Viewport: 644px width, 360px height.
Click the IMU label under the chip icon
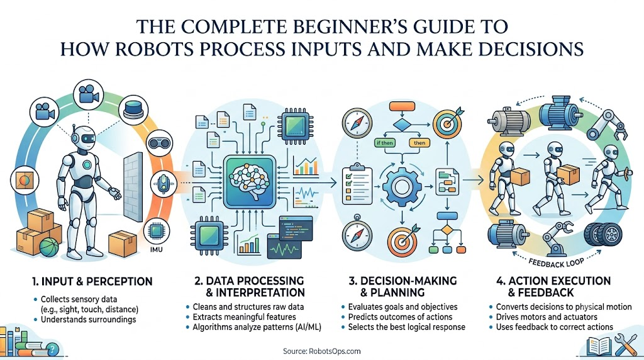(157, 249)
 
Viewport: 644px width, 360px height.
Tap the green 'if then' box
(385, 143)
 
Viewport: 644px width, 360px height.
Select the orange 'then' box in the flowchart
(419, 143)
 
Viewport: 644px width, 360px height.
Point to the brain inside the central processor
(249, 181)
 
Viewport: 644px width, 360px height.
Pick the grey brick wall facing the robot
(133, 187)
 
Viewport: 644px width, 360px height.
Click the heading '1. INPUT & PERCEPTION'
(92, 281)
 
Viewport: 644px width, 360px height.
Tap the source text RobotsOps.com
(321, 351)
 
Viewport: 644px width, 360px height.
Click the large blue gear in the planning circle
(402, 186)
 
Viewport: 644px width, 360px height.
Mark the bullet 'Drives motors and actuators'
(547, 317)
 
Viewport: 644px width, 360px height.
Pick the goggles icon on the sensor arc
(159, 143)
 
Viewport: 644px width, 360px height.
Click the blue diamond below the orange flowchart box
(402, 125)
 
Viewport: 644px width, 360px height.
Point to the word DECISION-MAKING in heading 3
(408, 281)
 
